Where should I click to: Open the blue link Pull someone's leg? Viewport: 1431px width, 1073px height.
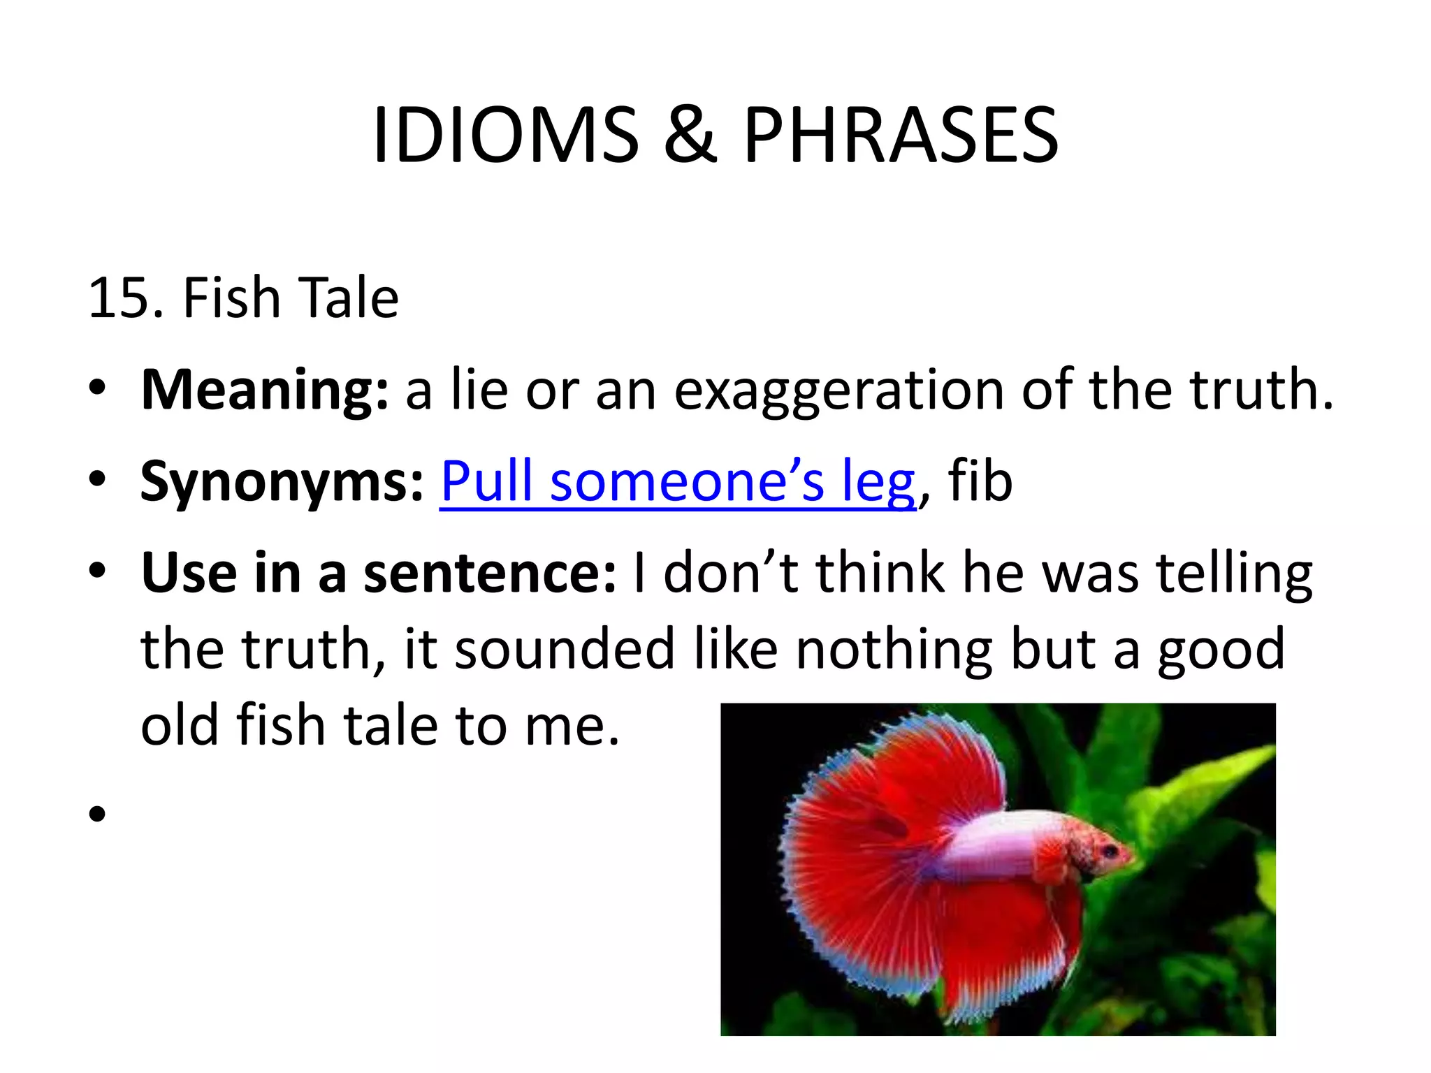[677, 482]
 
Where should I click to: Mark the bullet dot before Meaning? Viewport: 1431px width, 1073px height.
[97, 390]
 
